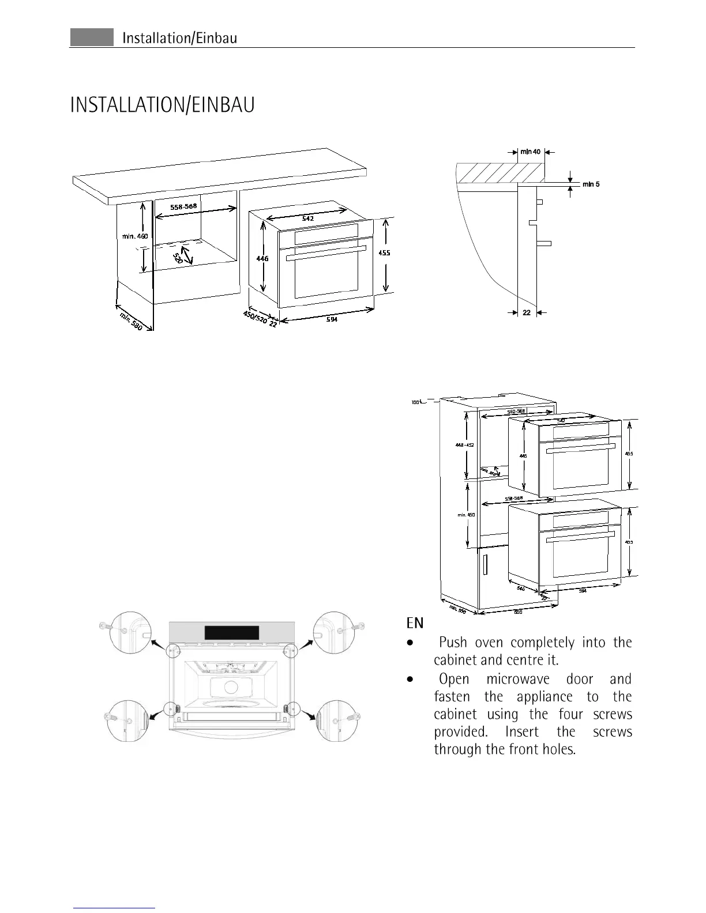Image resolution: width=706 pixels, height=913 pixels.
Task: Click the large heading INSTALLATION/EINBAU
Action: (x=162, y=106)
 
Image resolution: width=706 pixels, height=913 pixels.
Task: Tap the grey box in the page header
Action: (x=92, y=37)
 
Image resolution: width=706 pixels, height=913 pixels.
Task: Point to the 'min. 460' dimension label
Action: (x=135, y=236)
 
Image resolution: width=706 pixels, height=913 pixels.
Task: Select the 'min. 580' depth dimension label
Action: (x=131, y=321)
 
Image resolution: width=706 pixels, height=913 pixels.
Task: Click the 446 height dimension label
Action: (x=262, y=259)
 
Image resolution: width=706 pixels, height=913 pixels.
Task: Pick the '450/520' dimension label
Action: (x=254, y=317)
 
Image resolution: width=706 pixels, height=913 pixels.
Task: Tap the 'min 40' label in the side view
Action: (x=530, y=152)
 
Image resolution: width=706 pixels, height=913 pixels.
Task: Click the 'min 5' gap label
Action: (x=591, y=184)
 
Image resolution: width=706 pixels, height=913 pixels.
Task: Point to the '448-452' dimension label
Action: (x=464, y=445)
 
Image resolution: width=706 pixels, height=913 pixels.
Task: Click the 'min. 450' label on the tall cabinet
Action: (x=465, y=515)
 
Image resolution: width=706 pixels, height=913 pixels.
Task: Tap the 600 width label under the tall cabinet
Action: (x=517, y=612)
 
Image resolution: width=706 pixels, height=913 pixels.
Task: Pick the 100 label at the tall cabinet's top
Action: (x=415, y=402)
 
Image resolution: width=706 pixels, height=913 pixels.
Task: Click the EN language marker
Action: (x=415, y=623)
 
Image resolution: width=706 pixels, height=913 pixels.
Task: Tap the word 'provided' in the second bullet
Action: (x=459, y=732)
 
